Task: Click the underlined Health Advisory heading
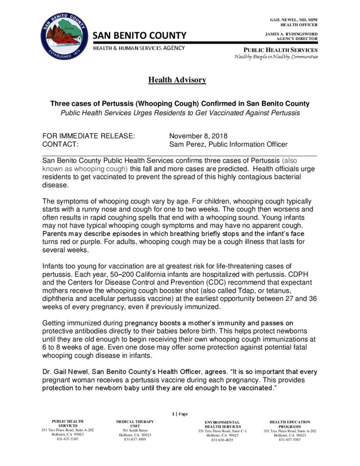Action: click(x=177, y=80)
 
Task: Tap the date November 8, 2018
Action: click(x=198, y=136)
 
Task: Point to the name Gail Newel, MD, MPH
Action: click(x=294, y=20)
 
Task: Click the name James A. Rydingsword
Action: click(x=291, y=34)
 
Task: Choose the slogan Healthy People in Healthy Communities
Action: click(x=276, y=56)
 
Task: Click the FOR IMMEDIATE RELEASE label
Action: click(x=88, y=136)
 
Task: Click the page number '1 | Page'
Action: click(x=180, y=414)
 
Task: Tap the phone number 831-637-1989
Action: click(x=135, y=439)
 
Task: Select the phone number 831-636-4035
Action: click(x=222, y=440)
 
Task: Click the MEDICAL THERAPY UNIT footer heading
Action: click(x=135, y=424)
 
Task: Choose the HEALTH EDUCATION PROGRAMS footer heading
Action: click(x=289, y=424)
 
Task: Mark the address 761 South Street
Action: click(x=135, y=430)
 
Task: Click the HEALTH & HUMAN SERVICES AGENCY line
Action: click(x=139, y=48)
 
